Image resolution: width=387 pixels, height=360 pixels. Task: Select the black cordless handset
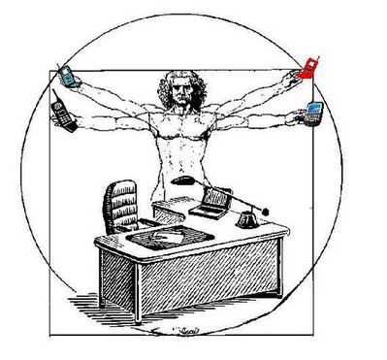[x=59, y=113]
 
